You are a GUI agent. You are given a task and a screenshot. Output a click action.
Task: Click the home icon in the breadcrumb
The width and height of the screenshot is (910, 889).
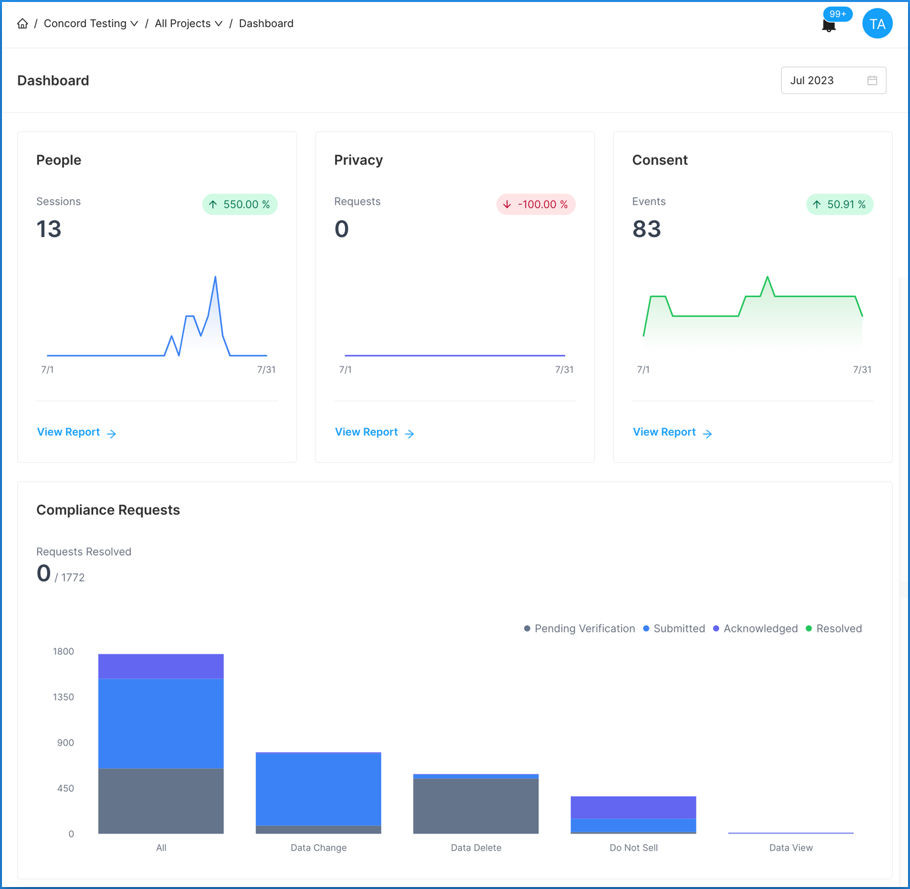(22, 24)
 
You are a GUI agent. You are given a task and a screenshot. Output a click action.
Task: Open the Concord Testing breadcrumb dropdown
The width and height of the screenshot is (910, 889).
(91, 24)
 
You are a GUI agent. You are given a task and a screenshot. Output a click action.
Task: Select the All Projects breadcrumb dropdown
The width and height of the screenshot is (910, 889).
(188, 24)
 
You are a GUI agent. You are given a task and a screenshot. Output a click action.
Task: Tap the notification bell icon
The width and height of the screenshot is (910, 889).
(829, 26)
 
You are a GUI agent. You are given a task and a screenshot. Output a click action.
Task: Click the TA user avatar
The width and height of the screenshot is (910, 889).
(877, 24)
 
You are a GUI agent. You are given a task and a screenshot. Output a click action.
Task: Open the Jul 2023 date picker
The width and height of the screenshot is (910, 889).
(833, 81)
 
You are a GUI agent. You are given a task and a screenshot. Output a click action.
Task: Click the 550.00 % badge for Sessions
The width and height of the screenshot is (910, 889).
(240, 204)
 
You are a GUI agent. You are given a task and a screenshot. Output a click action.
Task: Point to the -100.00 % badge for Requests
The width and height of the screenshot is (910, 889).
(536, 204)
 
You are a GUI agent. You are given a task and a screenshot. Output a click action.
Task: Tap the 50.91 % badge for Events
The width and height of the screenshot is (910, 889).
(839, 204)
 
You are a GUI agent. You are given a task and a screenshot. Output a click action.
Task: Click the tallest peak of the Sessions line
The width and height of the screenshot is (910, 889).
(215, 278)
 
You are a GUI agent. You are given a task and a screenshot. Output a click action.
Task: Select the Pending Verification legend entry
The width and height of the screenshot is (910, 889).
(579, 628)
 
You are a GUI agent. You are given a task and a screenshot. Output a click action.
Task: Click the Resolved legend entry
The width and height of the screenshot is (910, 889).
(833, 628)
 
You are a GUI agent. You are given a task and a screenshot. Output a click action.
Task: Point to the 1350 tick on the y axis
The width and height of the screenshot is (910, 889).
(63, 697)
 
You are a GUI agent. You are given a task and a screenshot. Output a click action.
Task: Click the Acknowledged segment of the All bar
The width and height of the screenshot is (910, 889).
(161, 666)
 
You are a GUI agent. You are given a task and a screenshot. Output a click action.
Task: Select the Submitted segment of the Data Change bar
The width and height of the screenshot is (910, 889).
(318, 789)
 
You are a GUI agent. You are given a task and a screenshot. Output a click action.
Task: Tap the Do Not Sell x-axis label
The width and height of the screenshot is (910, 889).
(633, 848)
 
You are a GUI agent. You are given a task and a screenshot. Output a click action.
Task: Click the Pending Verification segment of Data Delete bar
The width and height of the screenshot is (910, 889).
(476, 806)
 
